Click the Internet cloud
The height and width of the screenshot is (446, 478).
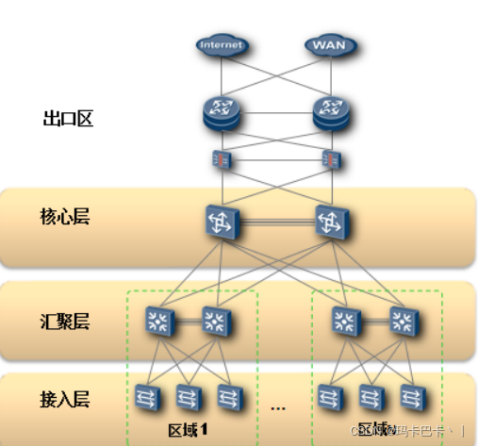pos(221,44)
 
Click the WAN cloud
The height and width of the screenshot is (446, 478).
pos(327,44)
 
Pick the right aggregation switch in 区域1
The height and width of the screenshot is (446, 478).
pos(216,322)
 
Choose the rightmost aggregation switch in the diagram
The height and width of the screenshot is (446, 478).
pos(404,322)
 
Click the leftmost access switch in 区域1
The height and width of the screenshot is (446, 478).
pos(147,396)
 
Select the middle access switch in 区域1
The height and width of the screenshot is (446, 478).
pos(187,396)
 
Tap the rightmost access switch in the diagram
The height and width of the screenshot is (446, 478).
pos(410,396)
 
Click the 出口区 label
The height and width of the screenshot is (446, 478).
pos(68,119)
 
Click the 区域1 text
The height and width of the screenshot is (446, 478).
pos(189,429)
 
